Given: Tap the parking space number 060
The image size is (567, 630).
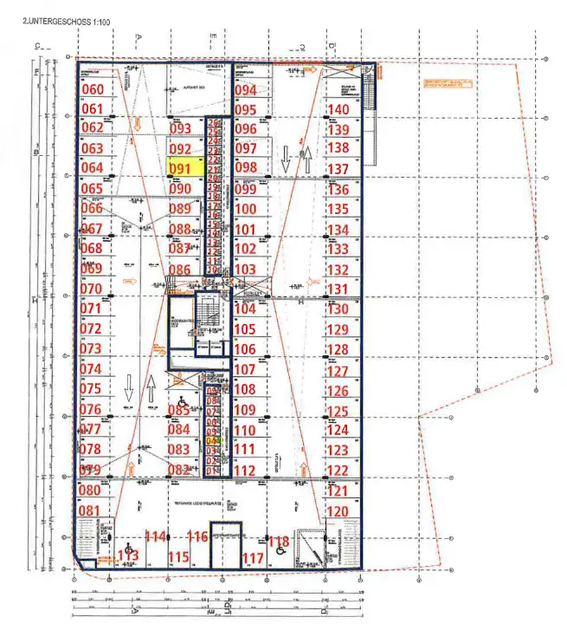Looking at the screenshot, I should click(92, 89).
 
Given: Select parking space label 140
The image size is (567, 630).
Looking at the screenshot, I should click(338, 109).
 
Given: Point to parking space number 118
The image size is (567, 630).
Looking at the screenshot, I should click(278, 542).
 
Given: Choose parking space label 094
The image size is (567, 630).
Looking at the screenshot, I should click(246, 90).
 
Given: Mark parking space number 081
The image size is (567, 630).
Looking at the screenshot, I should click(91, 510).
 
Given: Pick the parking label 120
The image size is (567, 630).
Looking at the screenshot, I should click(338, 511).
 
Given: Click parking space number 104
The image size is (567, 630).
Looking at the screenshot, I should click(246, 309).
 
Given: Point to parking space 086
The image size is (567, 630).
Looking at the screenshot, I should click(179, 270).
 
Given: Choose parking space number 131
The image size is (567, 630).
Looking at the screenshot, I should click(338, 289).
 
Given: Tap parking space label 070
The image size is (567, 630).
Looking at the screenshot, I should click(91, 289).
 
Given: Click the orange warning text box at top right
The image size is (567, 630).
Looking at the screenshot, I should click(448, 82).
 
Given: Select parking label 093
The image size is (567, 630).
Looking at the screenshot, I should click(180, 129).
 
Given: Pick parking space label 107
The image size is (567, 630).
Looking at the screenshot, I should click(246, 369).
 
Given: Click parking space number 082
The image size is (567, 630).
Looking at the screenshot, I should click(179, 470).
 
